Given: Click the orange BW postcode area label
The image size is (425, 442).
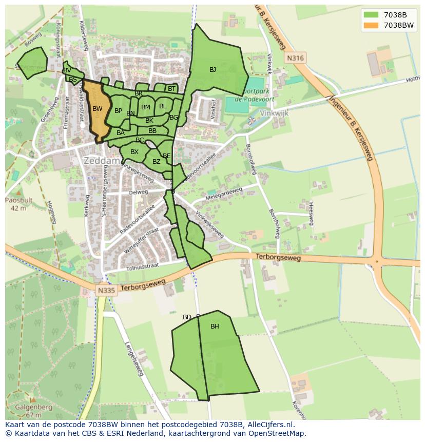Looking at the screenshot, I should pos(98,108).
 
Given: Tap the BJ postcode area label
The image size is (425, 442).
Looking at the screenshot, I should pos(212,70).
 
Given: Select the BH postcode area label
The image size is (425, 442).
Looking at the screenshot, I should pos(215,326).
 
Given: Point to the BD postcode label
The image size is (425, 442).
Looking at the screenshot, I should pos(187,317).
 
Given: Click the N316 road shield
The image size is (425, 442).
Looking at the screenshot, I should pos(295,58).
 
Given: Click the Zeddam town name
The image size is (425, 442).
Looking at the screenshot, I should pos(102,161).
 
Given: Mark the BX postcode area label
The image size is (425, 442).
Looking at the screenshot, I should pos(134,152).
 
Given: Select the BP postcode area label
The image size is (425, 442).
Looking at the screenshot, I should pos(118,111).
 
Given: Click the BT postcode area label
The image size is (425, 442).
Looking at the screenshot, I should pos(171,89).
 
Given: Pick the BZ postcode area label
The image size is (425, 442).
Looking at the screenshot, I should pos(157,162).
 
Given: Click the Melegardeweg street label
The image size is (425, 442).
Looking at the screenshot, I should pos(223,195).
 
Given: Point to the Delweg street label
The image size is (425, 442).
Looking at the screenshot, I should pos(139,193).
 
